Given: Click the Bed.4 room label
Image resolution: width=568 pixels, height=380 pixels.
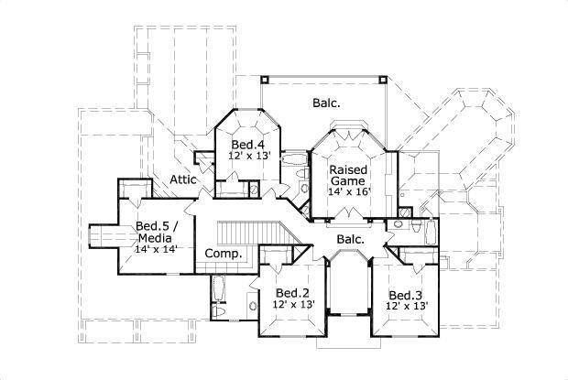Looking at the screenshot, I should pos(247,145).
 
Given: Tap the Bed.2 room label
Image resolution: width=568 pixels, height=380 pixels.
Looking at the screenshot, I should pos(290,293).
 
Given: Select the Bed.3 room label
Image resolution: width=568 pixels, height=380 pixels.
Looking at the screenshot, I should pos(404,294).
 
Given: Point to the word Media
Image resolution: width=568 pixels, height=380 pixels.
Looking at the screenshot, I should pos(154,237).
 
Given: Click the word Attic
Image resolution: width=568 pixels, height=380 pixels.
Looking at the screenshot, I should pos(183,180).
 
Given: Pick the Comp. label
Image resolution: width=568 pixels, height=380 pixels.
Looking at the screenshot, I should pos(223,254).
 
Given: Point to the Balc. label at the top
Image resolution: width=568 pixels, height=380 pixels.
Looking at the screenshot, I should pos(326,103).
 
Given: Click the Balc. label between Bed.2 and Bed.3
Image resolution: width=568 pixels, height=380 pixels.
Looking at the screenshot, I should pos(350,240).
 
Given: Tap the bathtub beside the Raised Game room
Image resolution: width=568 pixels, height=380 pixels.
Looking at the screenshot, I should pos(294,161).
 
